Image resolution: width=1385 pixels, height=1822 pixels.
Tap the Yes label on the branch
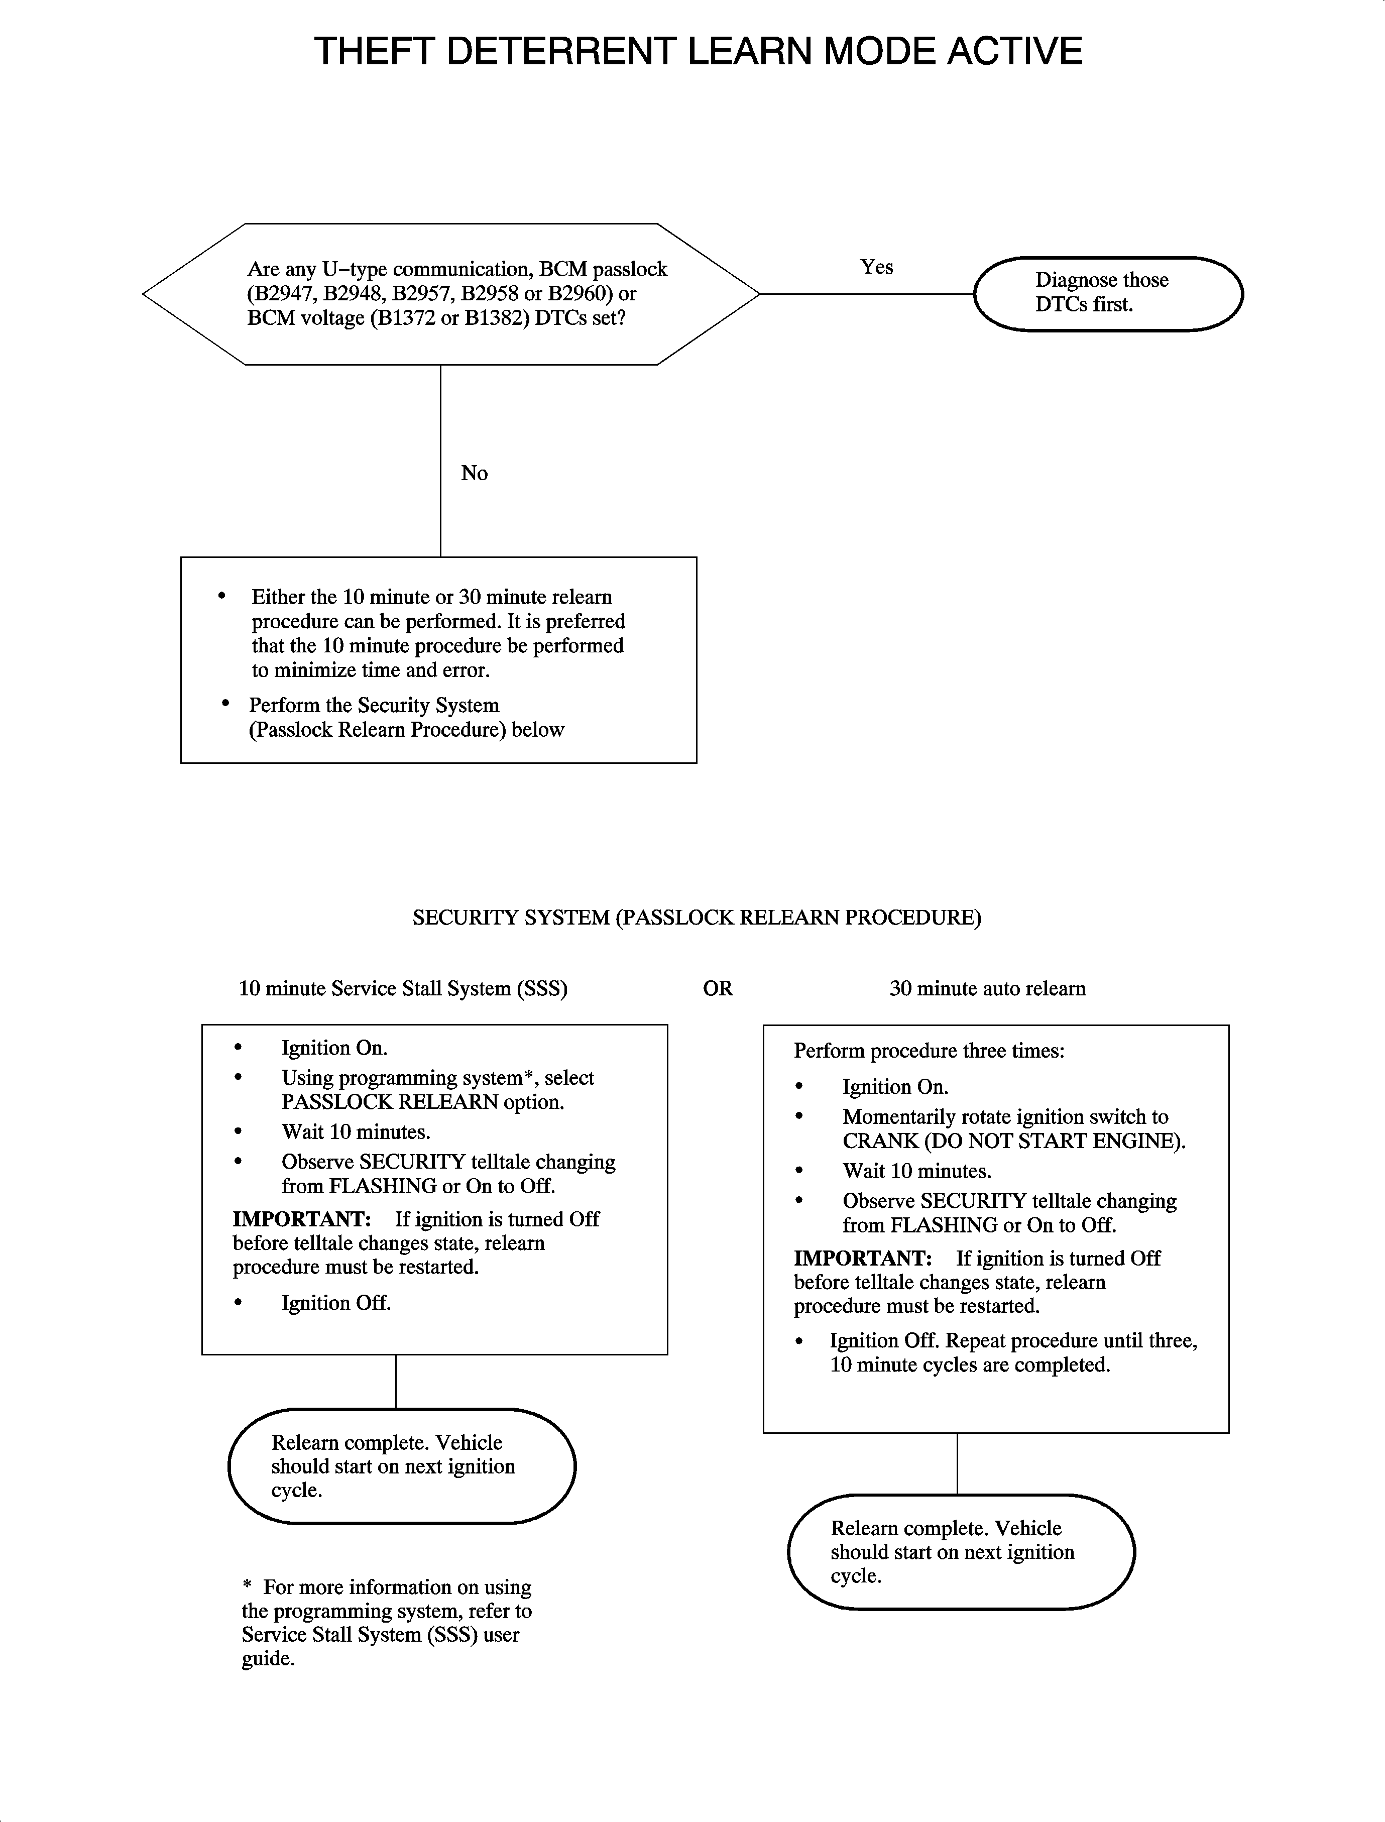click(x=876, y=267)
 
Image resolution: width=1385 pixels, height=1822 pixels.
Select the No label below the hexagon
click(x=474, y=473)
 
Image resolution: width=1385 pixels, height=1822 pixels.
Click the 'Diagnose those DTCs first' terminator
click(x=1108, y=293)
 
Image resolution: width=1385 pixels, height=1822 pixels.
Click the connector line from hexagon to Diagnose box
click(x=866, y=293)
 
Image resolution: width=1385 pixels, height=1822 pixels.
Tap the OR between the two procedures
click(x=717, y=988)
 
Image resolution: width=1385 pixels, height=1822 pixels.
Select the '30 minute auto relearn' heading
click(x=987, y=988)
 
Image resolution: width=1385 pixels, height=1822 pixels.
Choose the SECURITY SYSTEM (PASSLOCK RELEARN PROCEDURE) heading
click(x=697, y=918)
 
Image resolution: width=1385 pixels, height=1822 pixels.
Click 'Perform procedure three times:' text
click(x=929, y=1051)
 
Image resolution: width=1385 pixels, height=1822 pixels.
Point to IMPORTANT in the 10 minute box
click(x=301, y=1219)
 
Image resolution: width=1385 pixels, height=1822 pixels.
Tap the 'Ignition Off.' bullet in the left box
click(x=335, y=1303)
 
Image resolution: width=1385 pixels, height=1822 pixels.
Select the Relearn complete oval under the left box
click(x=401, y=1466)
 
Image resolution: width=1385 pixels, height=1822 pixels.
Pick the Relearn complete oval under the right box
click(x=961, y=1552)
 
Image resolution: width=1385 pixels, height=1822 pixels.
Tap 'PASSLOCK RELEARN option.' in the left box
click(x=423, y=1102)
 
